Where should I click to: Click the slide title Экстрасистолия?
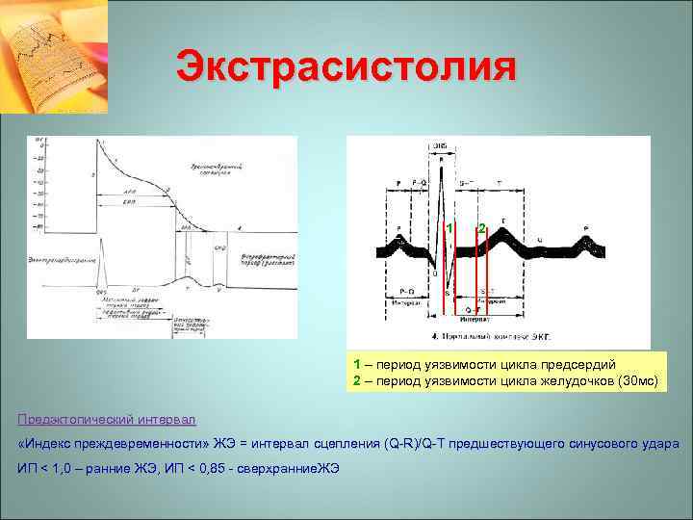pos(346,68)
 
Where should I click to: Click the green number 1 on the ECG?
pos(449,228)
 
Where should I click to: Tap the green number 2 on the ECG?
pos(481,228)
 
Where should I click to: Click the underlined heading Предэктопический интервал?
pos(107,419)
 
